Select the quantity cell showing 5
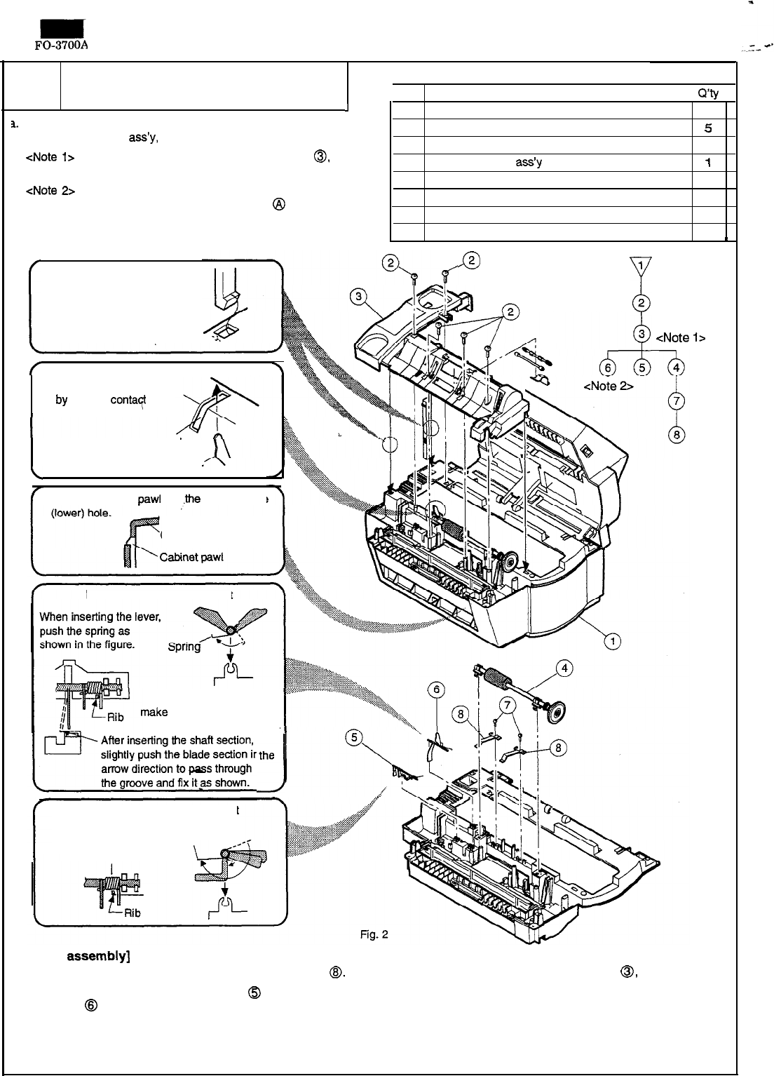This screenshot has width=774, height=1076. tap(709, 129)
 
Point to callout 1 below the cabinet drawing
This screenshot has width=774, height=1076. tap(612, 640)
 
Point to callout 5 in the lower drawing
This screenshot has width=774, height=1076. tap(354, 737)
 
